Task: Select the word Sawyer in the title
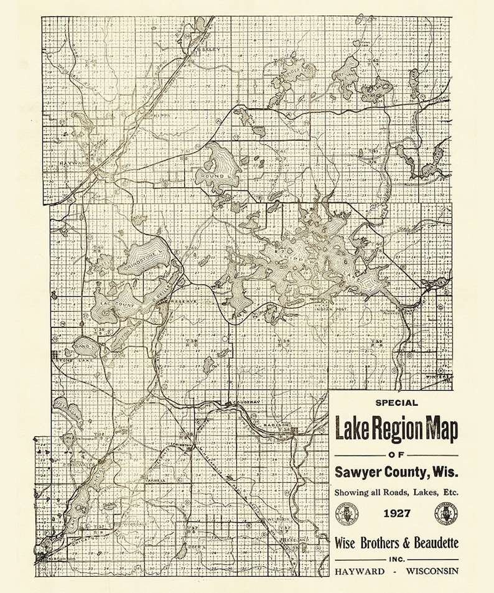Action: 357,473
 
